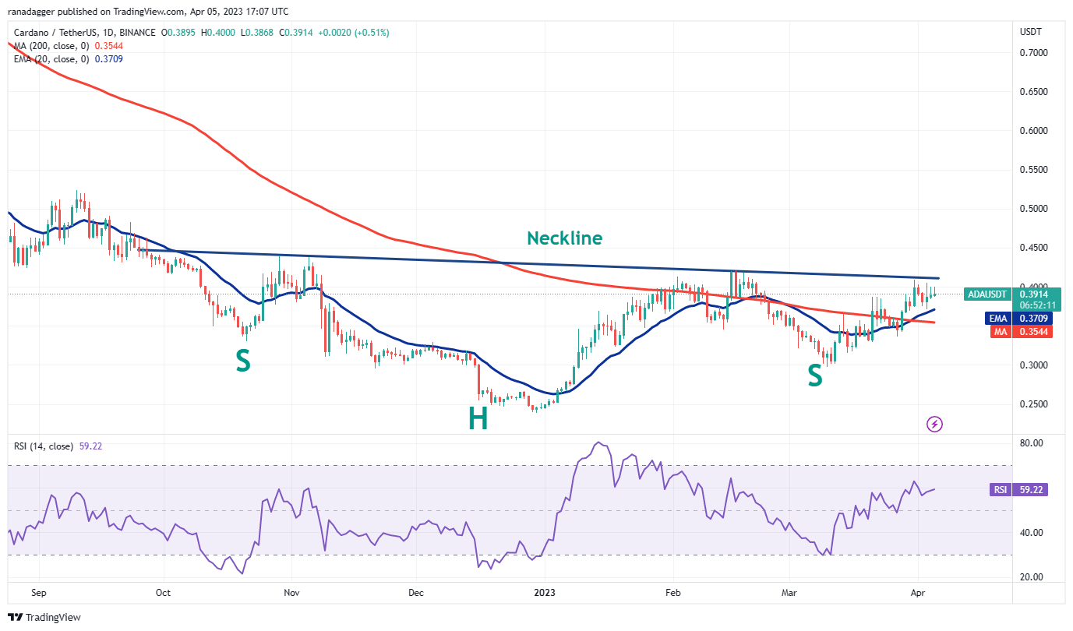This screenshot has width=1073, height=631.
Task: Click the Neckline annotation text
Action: tap(564, 238)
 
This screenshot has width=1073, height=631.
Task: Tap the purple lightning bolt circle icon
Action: tap(934, 425)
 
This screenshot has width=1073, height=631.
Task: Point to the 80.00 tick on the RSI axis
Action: tap(1032, 443)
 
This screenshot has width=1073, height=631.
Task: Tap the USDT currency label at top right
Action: tap(1031, 32)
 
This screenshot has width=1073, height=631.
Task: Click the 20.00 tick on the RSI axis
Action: tap(1032, 577)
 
